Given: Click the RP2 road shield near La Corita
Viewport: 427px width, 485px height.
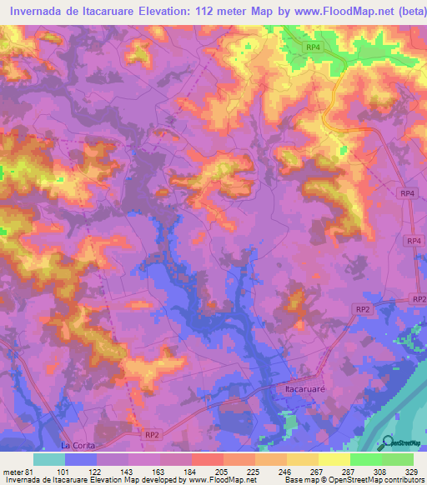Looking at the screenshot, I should click(x=151, y=434).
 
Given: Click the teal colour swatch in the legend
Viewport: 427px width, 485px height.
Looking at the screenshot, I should click(x=49, y=459).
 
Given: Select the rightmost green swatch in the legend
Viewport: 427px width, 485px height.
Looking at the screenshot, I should click(x=398, y=459).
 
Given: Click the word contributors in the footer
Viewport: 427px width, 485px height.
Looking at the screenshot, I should click(x=399, y=480).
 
